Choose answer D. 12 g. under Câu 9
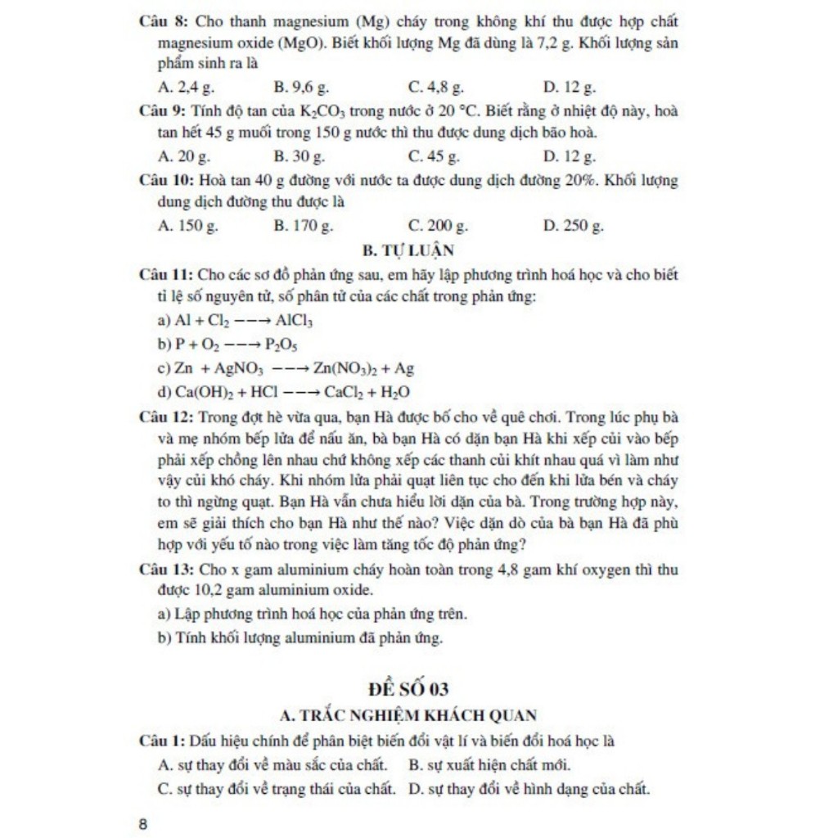click(x=570, y=155)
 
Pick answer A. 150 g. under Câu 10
click(x=187, y=225)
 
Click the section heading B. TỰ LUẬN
click(x=408, y=250)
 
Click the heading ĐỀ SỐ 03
click(x=408, y=688)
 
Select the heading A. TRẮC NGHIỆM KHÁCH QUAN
click(x=408, y=715)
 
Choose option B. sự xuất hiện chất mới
click(x=489, y=765)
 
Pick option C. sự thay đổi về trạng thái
click(x=277, y=789)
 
